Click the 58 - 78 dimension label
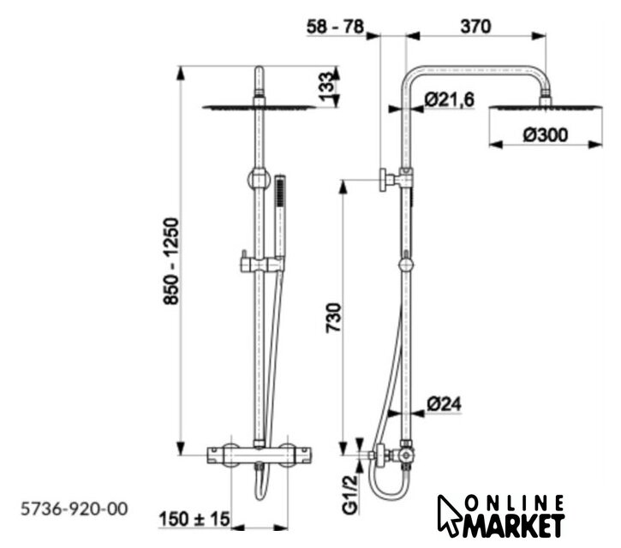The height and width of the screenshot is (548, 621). [335, 27]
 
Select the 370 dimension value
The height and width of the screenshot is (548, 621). [475, 27]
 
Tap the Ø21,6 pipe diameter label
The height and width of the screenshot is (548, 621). [449, 99]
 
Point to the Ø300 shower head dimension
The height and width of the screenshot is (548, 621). [546, 135]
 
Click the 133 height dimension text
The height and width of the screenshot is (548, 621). [327, 86]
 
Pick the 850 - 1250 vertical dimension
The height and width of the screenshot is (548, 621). [171, 261]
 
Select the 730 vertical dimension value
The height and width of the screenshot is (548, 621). [333, 318]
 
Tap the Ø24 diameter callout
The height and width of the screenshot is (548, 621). [445, 404]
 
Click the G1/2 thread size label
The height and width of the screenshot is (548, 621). [350, 495]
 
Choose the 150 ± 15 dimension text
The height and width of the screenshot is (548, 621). [194, 519]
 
